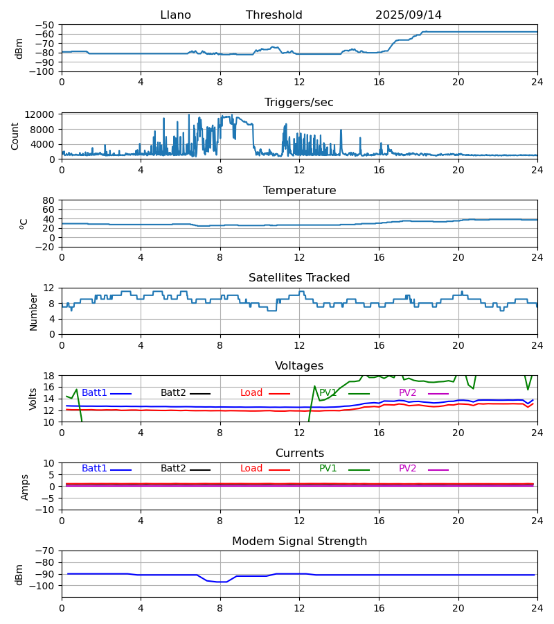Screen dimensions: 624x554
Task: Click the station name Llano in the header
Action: [175, 15]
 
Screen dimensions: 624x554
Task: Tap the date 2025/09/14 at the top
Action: [409, 15]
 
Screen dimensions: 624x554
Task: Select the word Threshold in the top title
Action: [274, 15]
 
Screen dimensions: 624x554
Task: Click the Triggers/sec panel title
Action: [299, 103]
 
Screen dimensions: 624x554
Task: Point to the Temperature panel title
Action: [299, 191]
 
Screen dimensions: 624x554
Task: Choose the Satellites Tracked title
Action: [299, 278]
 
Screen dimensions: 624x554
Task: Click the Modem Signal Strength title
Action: [299, 541]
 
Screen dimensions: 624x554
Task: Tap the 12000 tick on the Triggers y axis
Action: [43, 114]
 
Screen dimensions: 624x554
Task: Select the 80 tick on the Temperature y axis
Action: [49, 200]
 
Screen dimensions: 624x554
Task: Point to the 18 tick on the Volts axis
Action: [49, 376]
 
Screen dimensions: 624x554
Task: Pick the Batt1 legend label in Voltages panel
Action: [94, 393]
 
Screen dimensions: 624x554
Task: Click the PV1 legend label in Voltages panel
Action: [328, 393]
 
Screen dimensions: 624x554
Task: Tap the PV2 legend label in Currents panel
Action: [408, 469]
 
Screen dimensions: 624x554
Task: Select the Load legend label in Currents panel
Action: [251, 469]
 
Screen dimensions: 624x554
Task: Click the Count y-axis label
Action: [15, 136]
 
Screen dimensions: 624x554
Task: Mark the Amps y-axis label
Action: [25, 487]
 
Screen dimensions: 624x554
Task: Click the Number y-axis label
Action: [34, 311]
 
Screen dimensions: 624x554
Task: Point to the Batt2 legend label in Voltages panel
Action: [173, 393]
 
